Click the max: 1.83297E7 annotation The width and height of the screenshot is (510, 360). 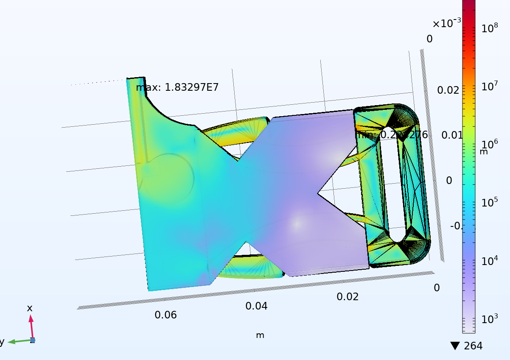pos(177,88)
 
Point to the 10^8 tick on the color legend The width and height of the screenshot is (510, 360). pos(490,28)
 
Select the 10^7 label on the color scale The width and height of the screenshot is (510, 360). pos(490,87)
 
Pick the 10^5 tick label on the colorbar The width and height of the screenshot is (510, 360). pos(490,202)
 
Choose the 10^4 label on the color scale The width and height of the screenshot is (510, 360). pos(490,260)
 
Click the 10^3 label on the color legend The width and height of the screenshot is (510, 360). pos(490,318)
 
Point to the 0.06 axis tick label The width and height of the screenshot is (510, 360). pos(165,315)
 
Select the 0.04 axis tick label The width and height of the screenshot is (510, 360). pos(256,306)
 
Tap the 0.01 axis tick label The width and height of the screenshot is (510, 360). pos(450,135)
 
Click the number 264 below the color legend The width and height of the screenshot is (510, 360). pos(473,346)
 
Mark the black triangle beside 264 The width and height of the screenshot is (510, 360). pos(455,346)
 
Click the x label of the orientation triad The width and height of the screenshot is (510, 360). pos(30,308)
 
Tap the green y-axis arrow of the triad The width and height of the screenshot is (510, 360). pos(17,341)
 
